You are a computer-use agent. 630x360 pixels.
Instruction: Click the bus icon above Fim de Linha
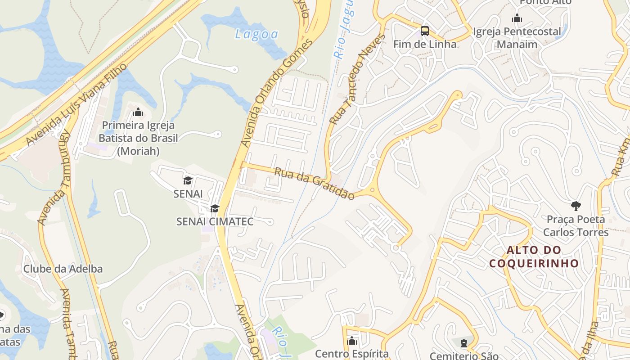(425, 31)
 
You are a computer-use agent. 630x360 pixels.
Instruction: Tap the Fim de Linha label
(425, 44)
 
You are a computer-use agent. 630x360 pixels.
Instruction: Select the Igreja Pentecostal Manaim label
(517, 38)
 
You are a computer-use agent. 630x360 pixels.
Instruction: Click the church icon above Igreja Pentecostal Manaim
(517, 18)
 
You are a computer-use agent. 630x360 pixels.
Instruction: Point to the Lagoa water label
(256, 34)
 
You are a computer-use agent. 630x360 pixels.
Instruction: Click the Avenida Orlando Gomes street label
(276, 93)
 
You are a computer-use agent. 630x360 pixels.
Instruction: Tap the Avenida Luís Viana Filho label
(76, 104)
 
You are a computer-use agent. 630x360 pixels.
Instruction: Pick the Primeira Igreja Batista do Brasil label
(138, 138)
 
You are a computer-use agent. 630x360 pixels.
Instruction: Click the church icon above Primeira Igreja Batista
(138, 112)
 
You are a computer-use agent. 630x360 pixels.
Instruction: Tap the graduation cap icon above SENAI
(188, 180)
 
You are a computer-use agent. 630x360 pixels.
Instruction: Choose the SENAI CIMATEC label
(215, 221)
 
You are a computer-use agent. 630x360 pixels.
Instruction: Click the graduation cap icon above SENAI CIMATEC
(215, 208)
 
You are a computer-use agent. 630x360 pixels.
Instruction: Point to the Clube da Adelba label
(63, 269)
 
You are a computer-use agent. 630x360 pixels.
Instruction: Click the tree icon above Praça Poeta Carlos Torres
(576, 206)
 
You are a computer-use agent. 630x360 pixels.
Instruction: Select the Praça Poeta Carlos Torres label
(576, 225)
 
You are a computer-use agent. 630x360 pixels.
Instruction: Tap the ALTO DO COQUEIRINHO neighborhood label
(534, 256)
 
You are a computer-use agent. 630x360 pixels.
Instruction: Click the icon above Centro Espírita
(352, 341)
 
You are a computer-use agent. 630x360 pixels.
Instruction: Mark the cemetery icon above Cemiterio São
(464, 343)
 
